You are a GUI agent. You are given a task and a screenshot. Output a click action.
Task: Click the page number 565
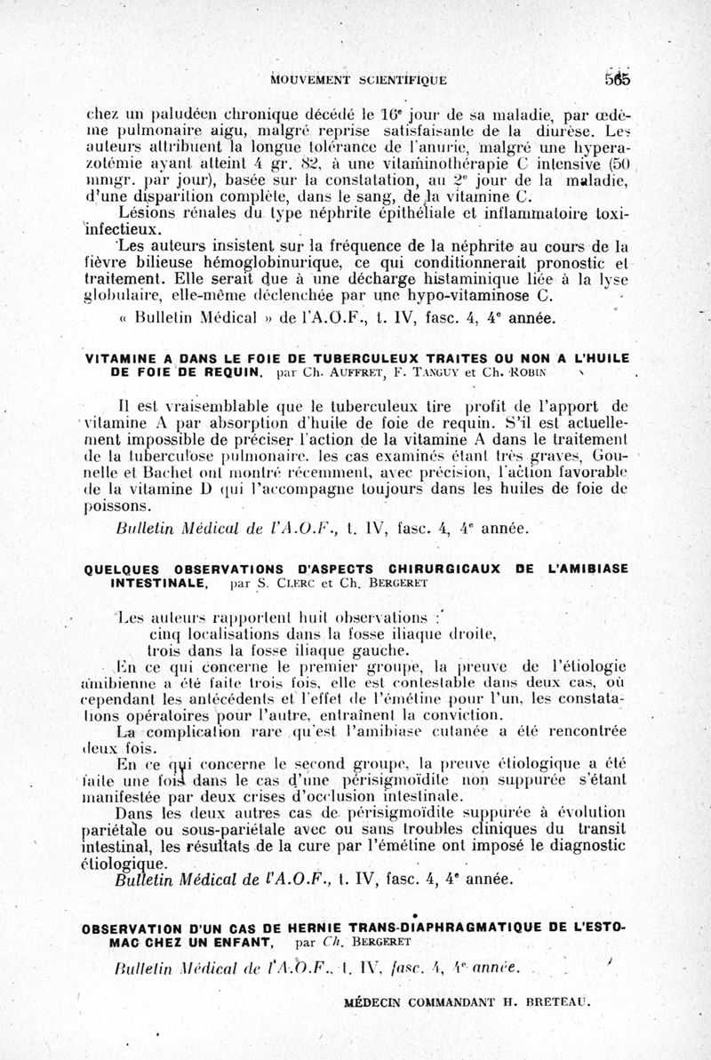(x=615, y=77)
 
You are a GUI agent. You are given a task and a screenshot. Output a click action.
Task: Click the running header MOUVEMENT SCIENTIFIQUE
(x=358, y=80)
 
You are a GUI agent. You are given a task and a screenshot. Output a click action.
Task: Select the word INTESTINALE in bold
(x=159, y=585)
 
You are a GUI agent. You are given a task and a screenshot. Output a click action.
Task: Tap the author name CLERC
(x=296, y=586)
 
